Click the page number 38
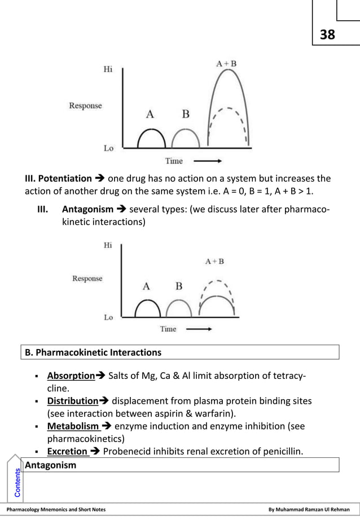click(x=327, y=35)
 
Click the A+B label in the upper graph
click(x=226, y=64)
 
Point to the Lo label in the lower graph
click(x=108, y=317)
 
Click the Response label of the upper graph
click(x=85, y=105)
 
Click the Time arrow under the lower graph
click(x=199, y=329)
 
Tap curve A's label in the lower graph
click(x=146, y=286)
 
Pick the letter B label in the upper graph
click(x=185, y=114)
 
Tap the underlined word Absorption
click(x=71, y=376)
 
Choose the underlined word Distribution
click(x=73, y=401)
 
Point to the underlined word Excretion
click(x=67, y=451)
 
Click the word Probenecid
click(x=126, y=451)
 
